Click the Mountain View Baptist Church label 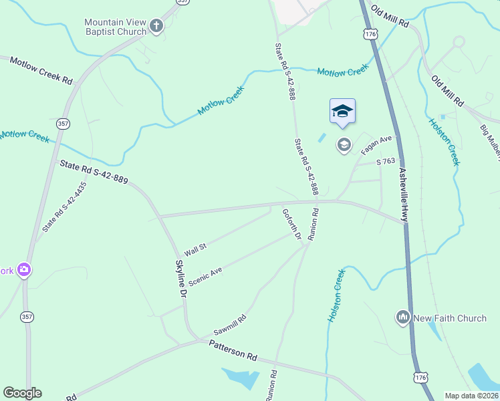tap(115, 27)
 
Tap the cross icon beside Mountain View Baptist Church tap(156, 27)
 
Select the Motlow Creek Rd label tap(41, 70)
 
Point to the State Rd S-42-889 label tap(94, 172)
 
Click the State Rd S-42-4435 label tap(65, 207)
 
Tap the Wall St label tap(195, 249)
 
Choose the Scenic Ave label tap(205, 277)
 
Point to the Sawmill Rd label tap(230, 325)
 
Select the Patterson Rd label tap(233, 350)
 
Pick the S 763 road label tap(386, 161)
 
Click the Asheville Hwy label tap(404, 195)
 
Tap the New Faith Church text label tap(450, 318)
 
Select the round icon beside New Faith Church tap(402, 317)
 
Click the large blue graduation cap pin tap(342, 112)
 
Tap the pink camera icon tap(25, 270)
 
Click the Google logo tap(22, 393)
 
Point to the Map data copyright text tap(471, 396)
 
